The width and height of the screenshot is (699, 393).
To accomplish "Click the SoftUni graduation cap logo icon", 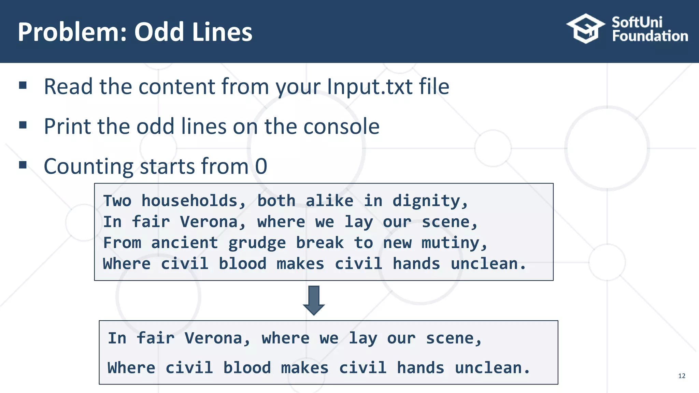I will coord(586,29).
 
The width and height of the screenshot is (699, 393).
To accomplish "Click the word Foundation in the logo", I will coord(650,36).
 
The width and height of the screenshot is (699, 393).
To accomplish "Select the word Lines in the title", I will coord(222,32).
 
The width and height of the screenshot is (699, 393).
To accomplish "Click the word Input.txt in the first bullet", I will coord(370,87).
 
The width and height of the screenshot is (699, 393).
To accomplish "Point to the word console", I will coord(341,127).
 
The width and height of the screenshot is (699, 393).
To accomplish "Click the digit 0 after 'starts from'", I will coord(261,166).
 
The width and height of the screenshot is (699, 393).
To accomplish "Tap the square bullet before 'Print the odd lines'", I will coord(23,125).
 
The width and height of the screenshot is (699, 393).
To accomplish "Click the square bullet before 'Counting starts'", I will coord(23,165).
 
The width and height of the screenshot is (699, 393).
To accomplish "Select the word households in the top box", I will coord(189,201).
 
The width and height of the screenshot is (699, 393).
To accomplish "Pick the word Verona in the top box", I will coord(209,222).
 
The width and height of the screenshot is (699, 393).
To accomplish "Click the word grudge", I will coord(257,243).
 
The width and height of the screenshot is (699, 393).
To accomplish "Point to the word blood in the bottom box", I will coord(247,368).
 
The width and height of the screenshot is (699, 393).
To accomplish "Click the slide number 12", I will coord(682,376).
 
